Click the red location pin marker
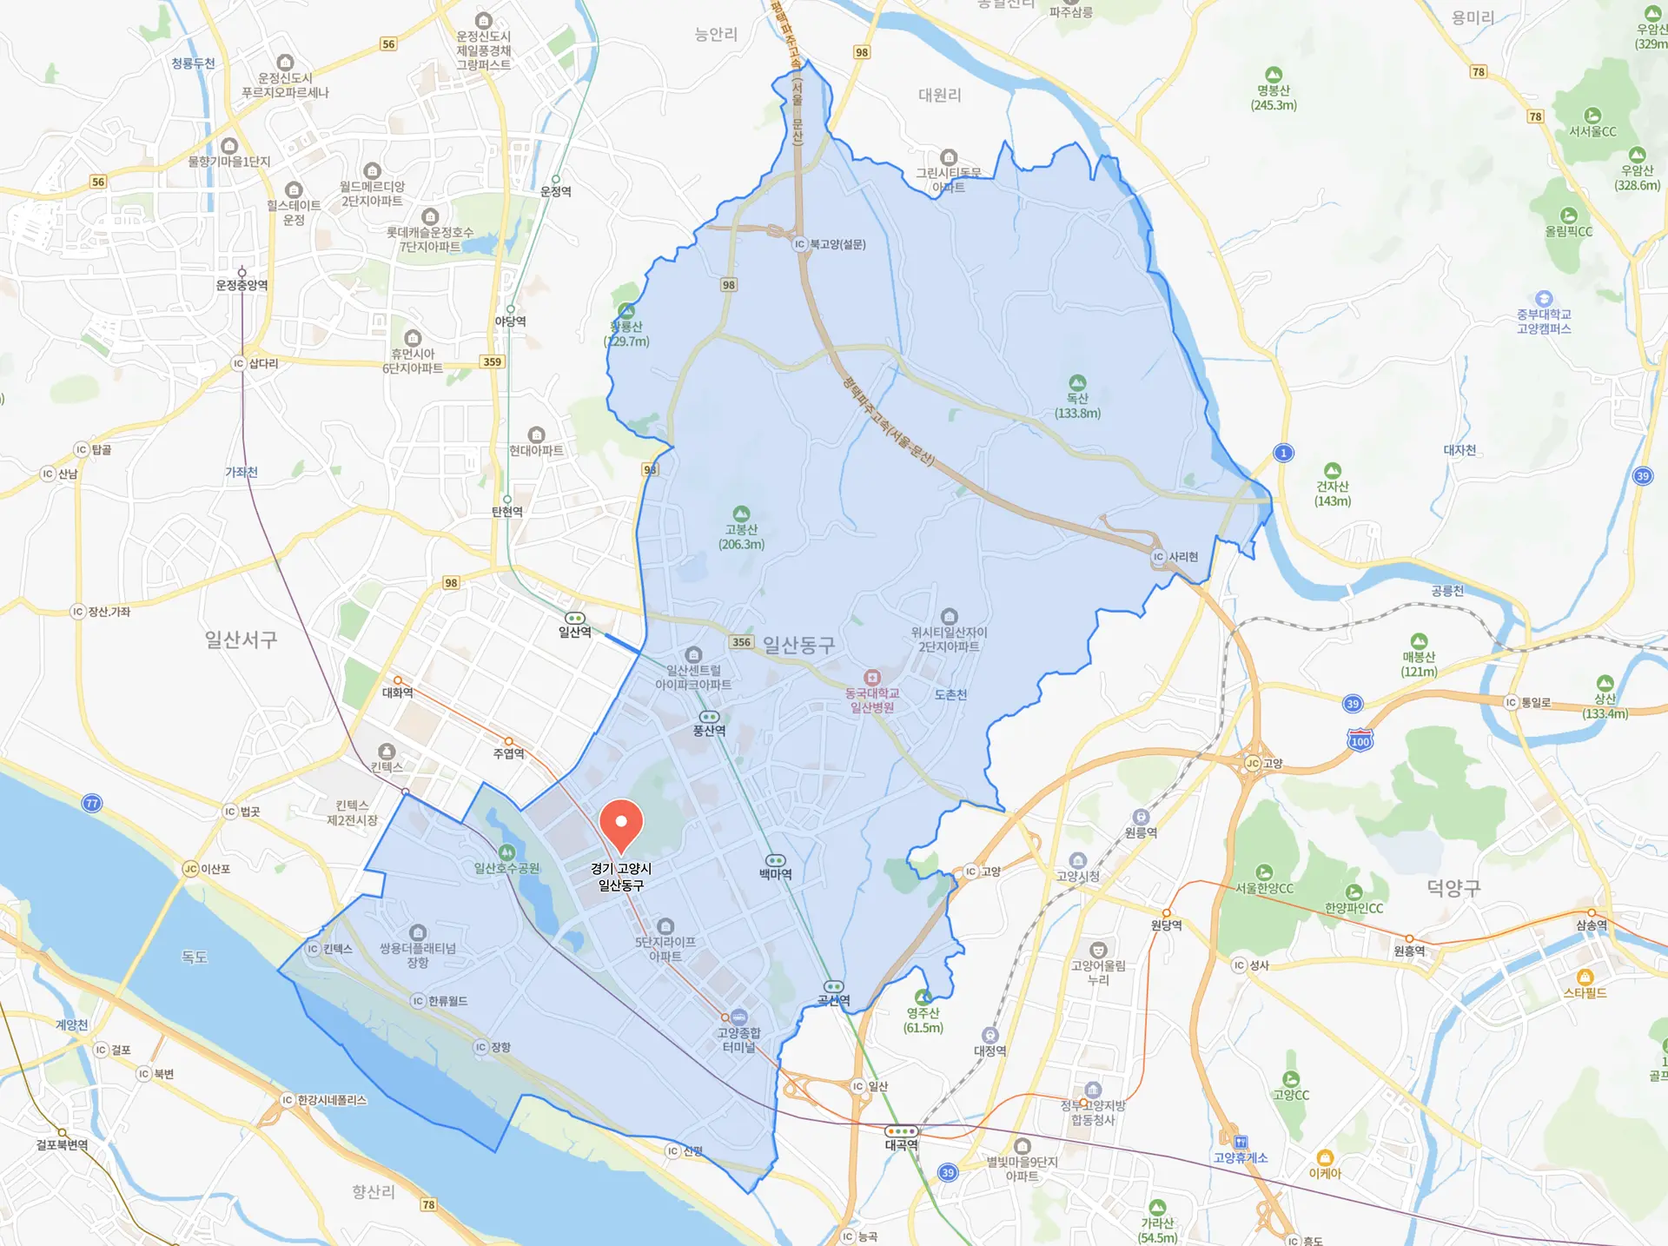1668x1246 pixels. click(621, 824)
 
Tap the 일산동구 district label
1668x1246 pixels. click(798, 645)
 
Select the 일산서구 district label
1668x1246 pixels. click(241, 640)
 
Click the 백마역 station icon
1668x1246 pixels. click(775, 860)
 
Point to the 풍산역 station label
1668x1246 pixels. click(709, 731)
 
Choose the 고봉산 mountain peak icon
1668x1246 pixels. click(741, 514)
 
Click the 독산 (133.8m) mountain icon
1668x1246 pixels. click(1077, 382)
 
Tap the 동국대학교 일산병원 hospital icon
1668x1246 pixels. click(872, 678)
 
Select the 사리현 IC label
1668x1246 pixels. click(1182, 557)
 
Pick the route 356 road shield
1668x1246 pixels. click(741, 642)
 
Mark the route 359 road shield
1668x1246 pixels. click(492, 361)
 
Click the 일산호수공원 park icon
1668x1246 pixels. click(506, 852)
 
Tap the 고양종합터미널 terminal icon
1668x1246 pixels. click(738, 1017)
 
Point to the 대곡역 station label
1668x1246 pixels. click(901, 1145)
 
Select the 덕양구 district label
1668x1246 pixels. click(1453, 888)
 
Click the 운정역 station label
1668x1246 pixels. click(556, 192)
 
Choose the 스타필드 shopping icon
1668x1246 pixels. click(1585, 978)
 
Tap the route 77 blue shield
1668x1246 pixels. click(91, 803)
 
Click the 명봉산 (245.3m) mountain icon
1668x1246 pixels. click(1274, 75)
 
